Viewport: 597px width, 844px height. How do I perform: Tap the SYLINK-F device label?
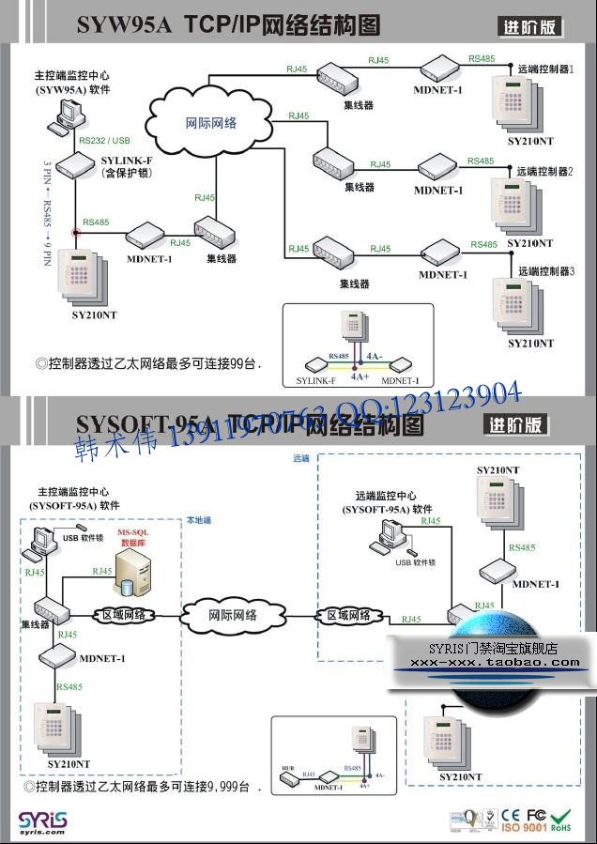click(x=126, y=161)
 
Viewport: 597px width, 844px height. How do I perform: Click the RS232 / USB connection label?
click(x=105, y=140)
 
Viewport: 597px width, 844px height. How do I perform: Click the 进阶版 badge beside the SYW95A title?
click(x=529, y=27)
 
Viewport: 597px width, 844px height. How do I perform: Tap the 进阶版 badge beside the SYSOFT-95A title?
click(x=515, y=424)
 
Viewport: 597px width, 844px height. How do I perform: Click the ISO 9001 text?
click(x=525, y=828)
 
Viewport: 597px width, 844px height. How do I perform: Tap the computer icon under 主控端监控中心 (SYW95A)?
click(x=67, y=116)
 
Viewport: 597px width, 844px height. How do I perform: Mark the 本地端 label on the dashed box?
click(x=199, y=520)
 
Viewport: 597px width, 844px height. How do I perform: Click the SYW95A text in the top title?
click(x=124, y=25)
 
